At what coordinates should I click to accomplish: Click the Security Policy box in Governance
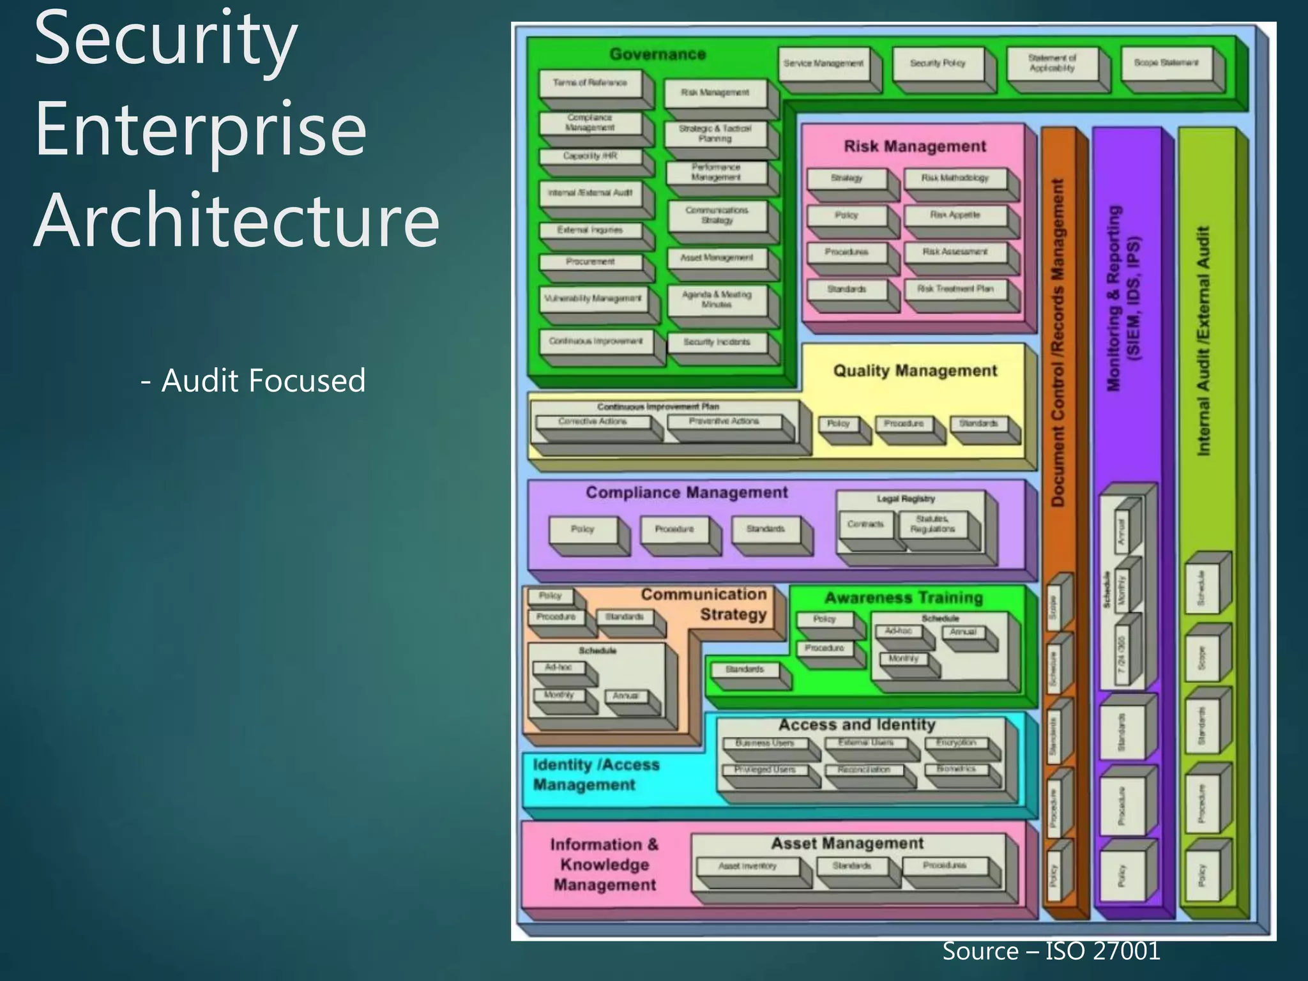tap(938, 63)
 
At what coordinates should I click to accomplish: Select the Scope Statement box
tap(1166, 63)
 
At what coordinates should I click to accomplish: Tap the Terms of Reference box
tap(589, 83)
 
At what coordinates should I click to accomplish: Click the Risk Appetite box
tap(955, 215)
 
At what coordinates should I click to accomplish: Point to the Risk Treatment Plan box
tap(955, 289)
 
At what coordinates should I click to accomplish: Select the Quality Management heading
tap(915, 370)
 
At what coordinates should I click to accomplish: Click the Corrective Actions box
tap(592, 422)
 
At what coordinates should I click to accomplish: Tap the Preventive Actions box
tap(724, 422)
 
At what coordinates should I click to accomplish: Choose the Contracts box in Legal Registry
tap(865, 524)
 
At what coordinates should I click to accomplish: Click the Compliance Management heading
tap(687, 492)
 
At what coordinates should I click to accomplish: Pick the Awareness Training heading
tap(904, 598)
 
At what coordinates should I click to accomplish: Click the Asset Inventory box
tap(747, 866)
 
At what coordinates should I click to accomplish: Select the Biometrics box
tap(956, 769)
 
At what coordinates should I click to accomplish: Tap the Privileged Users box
tap(764, 770)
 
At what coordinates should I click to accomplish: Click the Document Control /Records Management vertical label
tap(1058, 342)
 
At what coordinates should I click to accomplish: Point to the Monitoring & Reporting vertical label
tap(1122, 298)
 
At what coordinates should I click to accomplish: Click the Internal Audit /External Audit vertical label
tap(1203, 341)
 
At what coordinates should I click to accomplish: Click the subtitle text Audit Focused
tap(254, 381)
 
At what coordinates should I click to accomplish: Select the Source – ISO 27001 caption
tap(1051, 951)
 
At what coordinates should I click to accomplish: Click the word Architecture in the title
tap(236, 220)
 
